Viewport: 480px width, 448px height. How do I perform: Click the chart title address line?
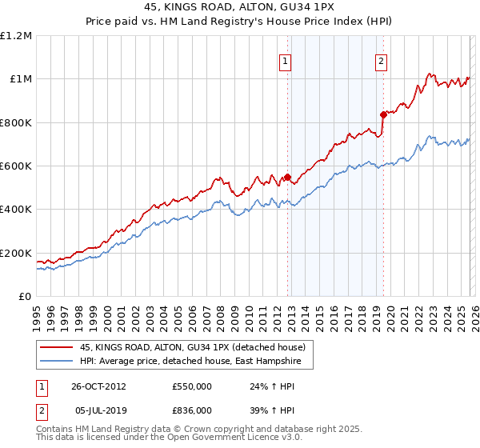pyautogui.click(x=240, y=6)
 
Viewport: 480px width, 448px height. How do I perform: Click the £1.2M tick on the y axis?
pyautogui.click(x=16, y=36)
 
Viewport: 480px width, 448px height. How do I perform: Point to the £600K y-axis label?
pyautogui.click(x=16, y=166)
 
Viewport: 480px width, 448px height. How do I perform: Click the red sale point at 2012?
pyautogui.click(x=287, y=177)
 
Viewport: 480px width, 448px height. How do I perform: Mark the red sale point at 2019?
pyautogui.click(x=382, y=114)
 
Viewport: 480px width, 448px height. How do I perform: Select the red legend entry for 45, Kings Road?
pyautogui.click(x=192, y=347)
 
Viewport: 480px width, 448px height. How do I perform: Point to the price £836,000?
pyautogui.click(x=192, y=410)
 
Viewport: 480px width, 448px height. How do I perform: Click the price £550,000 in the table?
pyautogui.click(x=192, y=386)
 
